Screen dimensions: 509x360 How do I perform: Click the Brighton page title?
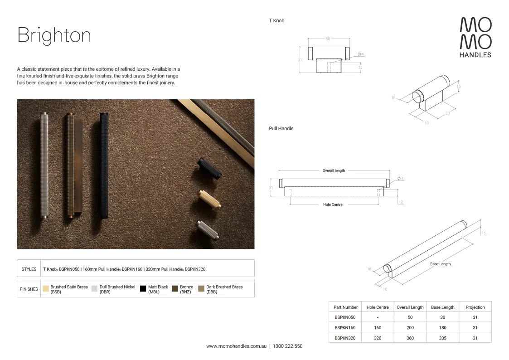click(x=54, y=35)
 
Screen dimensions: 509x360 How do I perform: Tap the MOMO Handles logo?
click(x=475, y=37)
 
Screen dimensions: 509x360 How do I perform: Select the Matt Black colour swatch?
click(x=143, y=288)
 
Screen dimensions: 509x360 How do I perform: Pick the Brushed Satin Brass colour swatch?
click(x=46, y=288)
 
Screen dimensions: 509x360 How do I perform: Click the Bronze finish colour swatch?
click(x=175, y=288)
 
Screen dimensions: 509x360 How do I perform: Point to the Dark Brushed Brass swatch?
click(x=201, y=288)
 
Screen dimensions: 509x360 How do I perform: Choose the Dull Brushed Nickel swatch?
click(x=94, y=288)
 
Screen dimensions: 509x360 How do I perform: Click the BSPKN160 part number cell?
click(x=345, y=327)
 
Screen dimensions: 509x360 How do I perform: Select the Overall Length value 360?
click(x=410, y=338)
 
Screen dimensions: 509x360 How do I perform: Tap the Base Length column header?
click(x=443, y=307)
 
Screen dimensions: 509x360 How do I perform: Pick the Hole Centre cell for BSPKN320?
click(x=378, y=338)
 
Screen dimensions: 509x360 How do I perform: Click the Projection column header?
click(x=475, y=307)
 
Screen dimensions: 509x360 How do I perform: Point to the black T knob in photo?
click(x=210, y=168)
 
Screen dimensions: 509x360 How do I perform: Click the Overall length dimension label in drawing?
click(x=334, y=170)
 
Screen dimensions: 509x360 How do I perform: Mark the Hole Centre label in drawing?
click(x=333, y=204)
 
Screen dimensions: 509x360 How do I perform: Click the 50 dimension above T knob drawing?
click(x=328, y=39)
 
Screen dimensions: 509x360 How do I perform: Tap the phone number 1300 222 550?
click(x=288, y=346)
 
